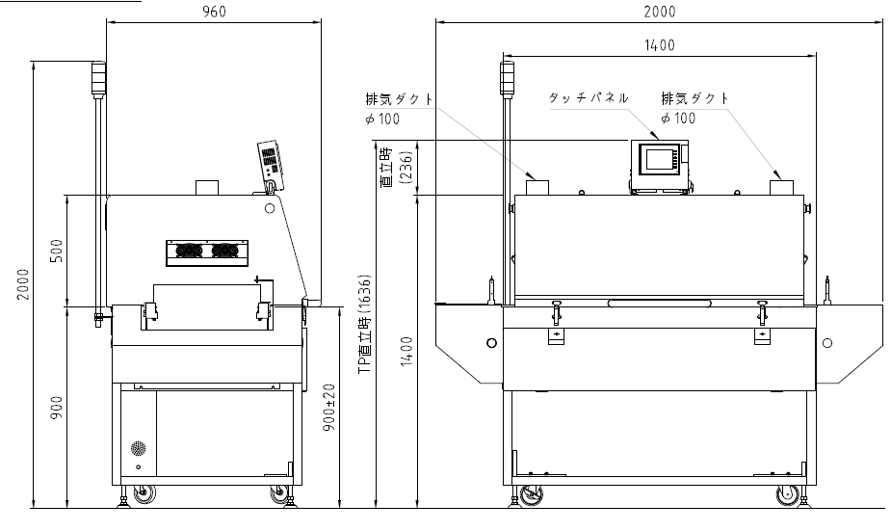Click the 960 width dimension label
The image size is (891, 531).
[x=214, y=12]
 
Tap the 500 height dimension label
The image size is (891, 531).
[x=57, y=251]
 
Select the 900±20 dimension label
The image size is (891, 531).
[x=329, y=408]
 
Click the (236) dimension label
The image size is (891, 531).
[x=406, y=167]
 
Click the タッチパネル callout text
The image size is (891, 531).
[x=589, y=97]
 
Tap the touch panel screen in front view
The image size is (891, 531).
[x=659, y=159]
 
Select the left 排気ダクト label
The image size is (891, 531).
[x=400, y=99]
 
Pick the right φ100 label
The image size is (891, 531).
[x=678, y=119]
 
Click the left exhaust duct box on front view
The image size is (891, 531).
[x=537, y=188]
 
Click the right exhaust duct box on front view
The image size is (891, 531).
[x=781, y=188]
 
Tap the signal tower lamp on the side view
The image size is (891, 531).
[x=99, y=78]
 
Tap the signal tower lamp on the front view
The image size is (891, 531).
[x=507, y=78]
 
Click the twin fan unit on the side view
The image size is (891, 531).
[x=207, y=253]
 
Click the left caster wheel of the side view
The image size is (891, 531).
[x=144, y=495]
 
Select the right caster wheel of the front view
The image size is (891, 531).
[x=788, y=495]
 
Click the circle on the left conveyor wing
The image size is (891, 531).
[x=492, y=343]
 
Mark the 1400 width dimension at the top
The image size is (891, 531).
[x=659, y=45]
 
